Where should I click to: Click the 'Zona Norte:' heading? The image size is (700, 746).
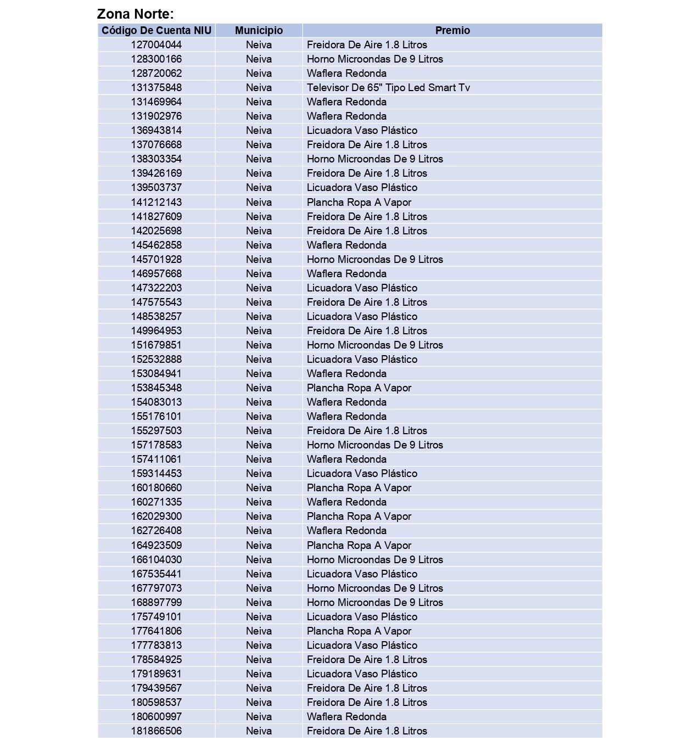point(135,14)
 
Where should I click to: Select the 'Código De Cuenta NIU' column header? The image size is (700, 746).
point(156,31)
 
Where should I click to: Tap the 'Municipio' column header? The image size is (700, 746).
point(259,31)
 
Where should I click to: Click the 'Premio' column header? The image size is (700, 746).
point(452,31)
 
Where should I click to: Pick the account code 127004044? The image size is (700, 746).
point(156,45)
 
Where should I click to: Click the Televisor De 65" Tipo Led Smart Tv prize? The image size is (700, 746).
point(388,88)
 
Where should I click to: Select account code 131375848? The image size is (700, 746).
point(156,88)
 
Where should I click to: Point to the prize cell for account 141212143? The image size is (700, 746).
point(359,203)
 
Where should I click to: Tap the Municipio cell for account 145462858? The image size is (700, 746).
point(259,245)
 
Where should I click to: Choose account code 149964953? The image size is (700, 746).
point(156,331)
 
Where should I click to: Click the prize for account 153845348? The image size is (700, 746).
point(359,388)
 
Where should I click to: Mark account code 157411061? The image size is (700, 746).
point(156,459)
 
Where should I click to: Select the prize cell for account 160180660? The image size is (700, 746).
point(359,488)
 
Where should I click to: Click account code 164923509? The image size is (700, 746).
point(156,546)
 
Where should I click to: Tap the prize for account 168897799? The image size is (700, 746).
point(375,603)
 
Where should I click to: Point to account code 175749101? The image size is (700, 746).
point(156,617)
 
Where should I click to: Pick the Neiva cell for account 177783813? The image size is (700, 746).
point(259,646)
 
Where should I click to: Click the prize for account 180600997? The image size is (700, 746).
point(346,717)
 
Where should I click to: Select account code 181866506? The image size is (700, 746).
point(156,731)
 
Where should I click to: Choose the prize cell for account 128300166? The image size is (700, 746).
point(375,59)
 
